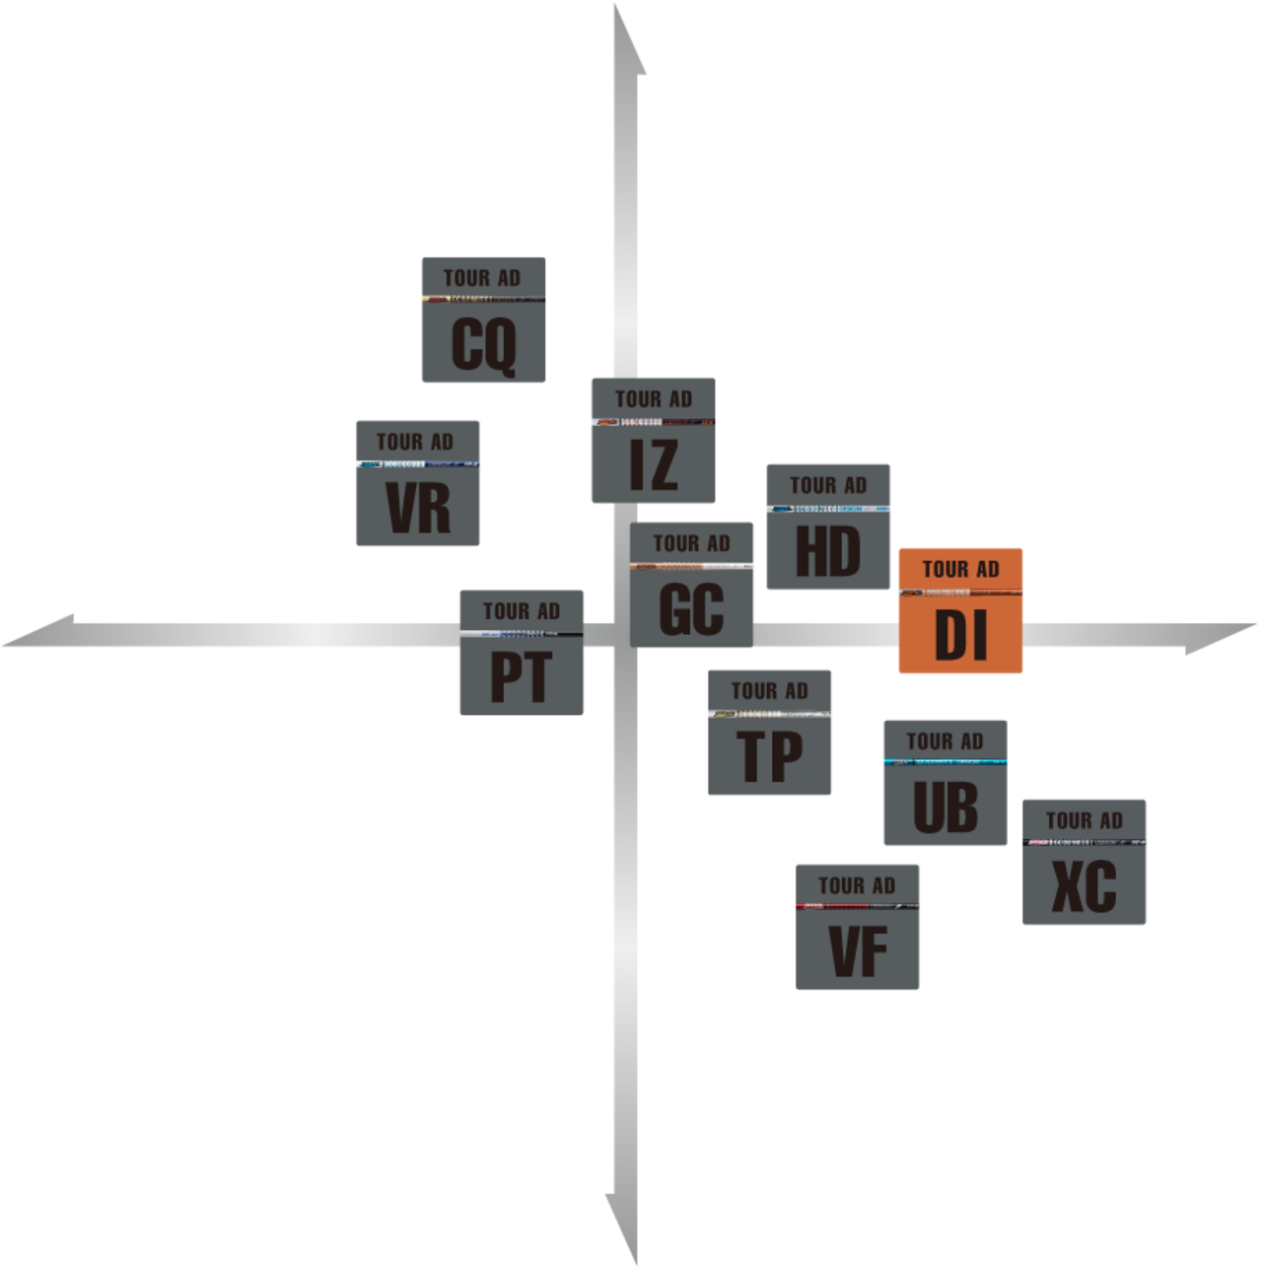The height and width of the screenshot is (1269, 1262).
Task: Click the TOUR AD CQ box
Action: (x=482, y=320)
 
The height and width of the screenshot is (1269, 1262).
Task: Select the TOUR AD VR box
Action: (x=418, y=483)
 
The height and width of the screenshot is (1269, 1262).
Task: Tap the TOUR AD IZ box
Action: (x=653, y=440)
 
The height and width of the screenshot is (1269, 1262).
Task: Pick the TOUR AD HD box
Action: (x=828, y=527)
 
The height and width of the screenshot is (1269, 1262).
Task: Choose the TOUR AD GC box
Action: (x=692, y=585)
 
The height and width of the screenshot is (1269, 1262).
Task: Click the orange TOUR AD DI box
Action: (x=960, y=611)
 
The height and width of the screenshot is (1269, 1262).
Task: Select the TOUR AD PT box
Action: (x=522, y=653)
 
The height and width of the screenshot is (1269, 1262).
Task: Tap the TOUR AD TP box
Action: (x=770, y=733)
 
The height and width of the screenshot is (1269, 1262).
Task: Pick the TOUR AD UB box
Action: (x=945, y=783)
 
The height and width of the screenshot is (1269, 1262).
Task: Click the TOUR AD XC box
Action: (x=1084, y=862)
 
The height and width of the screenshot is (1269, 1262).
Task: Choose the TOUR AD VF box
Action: (x=858, y=927)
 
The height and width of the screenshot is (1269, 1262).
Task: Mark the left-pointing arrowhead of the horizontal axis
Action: (x=39, y=633)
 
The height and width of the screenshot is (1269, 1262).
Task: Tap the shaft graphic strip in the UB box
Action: (x=945, y=762)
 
